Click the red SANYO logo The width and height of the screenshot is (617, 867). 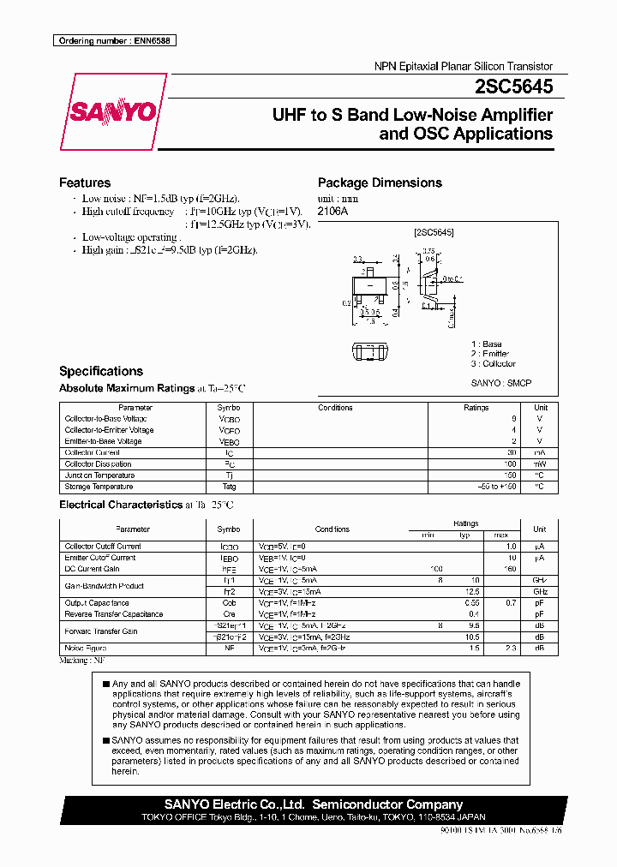113,111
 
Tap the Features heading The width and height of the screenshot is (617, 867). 85,182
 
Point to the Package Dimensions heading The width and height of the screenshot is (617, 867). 380,182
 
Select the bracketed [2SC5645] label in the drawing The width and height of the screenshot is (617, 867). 433,232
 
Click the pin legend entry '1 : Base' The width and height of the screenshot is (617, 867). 487,344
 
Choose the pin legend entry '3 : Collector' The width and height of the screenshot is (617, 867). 493,363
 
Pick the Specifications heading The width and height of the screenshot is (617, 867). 101,371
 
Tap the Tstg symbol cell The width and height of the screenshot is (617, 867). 229,487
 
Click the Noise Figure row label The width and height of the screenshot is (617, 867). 87,649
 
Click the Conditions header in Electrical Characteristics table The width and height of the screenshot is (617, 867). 332,529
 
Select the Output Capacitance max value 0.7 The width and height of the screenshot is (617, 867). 512,603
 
